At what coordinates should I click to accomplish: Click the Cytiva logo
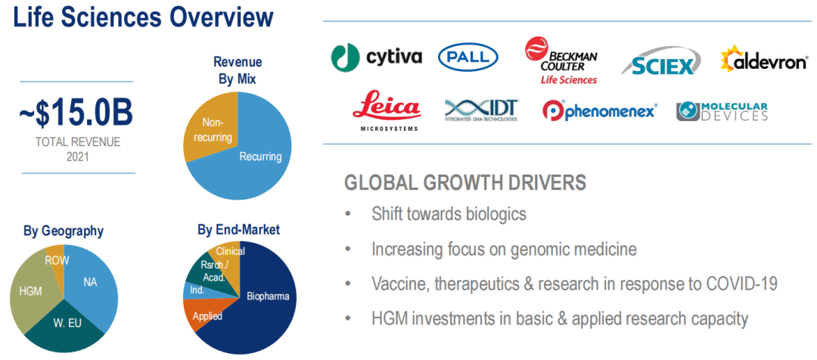coord(376,57)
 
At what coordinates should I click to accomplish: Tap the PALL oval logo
coord(468,57)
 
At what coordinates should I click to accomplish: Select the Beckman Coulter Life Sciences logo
coord(561,61)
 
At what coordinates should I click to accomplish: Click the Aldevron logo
coord(764,60)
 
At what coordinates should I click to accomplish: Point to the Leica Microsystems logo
coord(386,110)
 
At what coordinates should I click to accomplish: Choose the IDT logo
coord(481,110)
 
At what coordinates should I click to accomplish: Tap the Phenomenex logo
coord(599,110)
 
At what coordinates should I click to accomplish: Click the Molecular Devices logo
coord(722,111)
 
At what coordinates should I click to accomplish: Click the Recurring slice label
coord(260,157)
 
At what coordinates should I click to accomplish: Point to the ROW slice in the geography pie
coord(56,259)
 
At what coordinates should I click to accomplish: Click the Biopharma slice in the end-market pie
coord(260,307)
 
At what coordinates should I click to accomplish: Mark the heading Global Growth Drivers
coord(465,183)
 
